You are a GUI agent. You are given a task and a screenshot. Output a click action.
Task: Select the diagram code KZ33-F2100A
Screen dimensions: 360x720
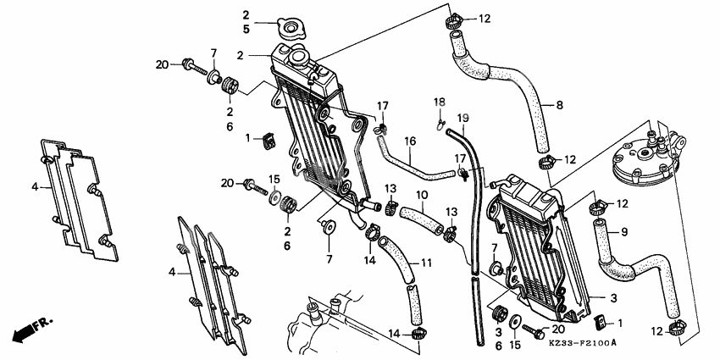(x=583, y=342)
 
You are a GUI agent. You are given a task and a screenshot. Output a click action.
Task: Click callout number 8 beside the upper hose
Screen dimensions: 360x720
(x=559, y=106)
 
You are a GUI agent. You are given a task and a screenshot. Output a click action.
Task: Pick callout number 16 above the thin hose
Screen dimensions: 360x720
(x=409, y=141)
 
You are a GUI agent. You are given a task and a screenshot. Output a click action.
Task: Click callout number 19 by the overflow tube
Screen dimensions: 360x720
(x=462, y=117)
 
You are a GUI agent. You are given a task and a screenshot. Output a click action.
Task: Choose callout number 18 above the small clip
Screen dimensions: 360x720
(x=439, y=102)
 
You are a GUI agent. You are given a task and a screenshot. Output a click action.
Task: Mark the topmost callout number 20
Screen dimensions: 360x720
(x=162, y=64)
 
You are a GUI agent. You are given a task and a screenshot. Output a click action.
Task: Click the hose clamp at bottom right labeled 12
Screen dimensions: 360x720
(x=677, y=328)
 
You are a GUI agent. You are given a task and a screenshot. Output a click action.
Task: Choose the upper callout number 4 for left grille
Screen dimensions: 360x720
(x=35, y=186)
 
